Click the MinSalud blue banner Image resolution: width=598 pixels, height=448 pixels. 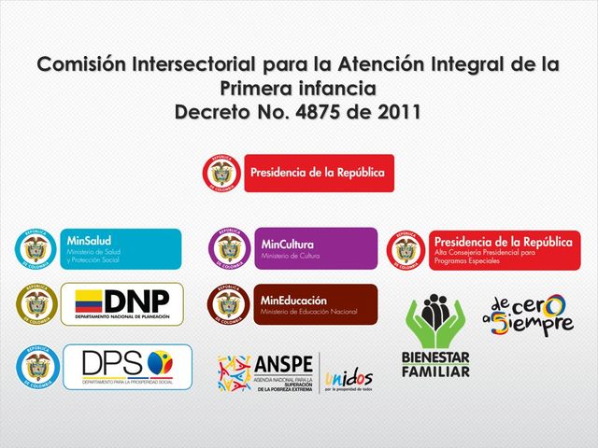[121, 249]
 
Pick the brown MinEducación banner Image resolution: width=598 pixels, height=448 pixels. [317, 304]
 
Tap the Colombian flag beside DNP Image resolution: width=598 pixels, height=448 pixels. [88, 302]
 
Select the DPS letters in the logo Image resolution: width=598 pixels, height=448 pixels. [113, 361]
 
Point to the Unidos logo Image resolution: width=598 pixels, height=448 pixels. [348, 378]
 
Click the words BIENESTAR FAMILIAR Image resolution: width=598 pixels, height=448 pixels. [435, 365]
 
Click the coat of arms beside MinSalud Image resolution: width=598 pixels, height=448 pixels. [36, 249]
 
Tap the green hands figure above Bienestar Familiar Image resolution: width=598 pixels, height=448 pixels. [435, 320]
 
